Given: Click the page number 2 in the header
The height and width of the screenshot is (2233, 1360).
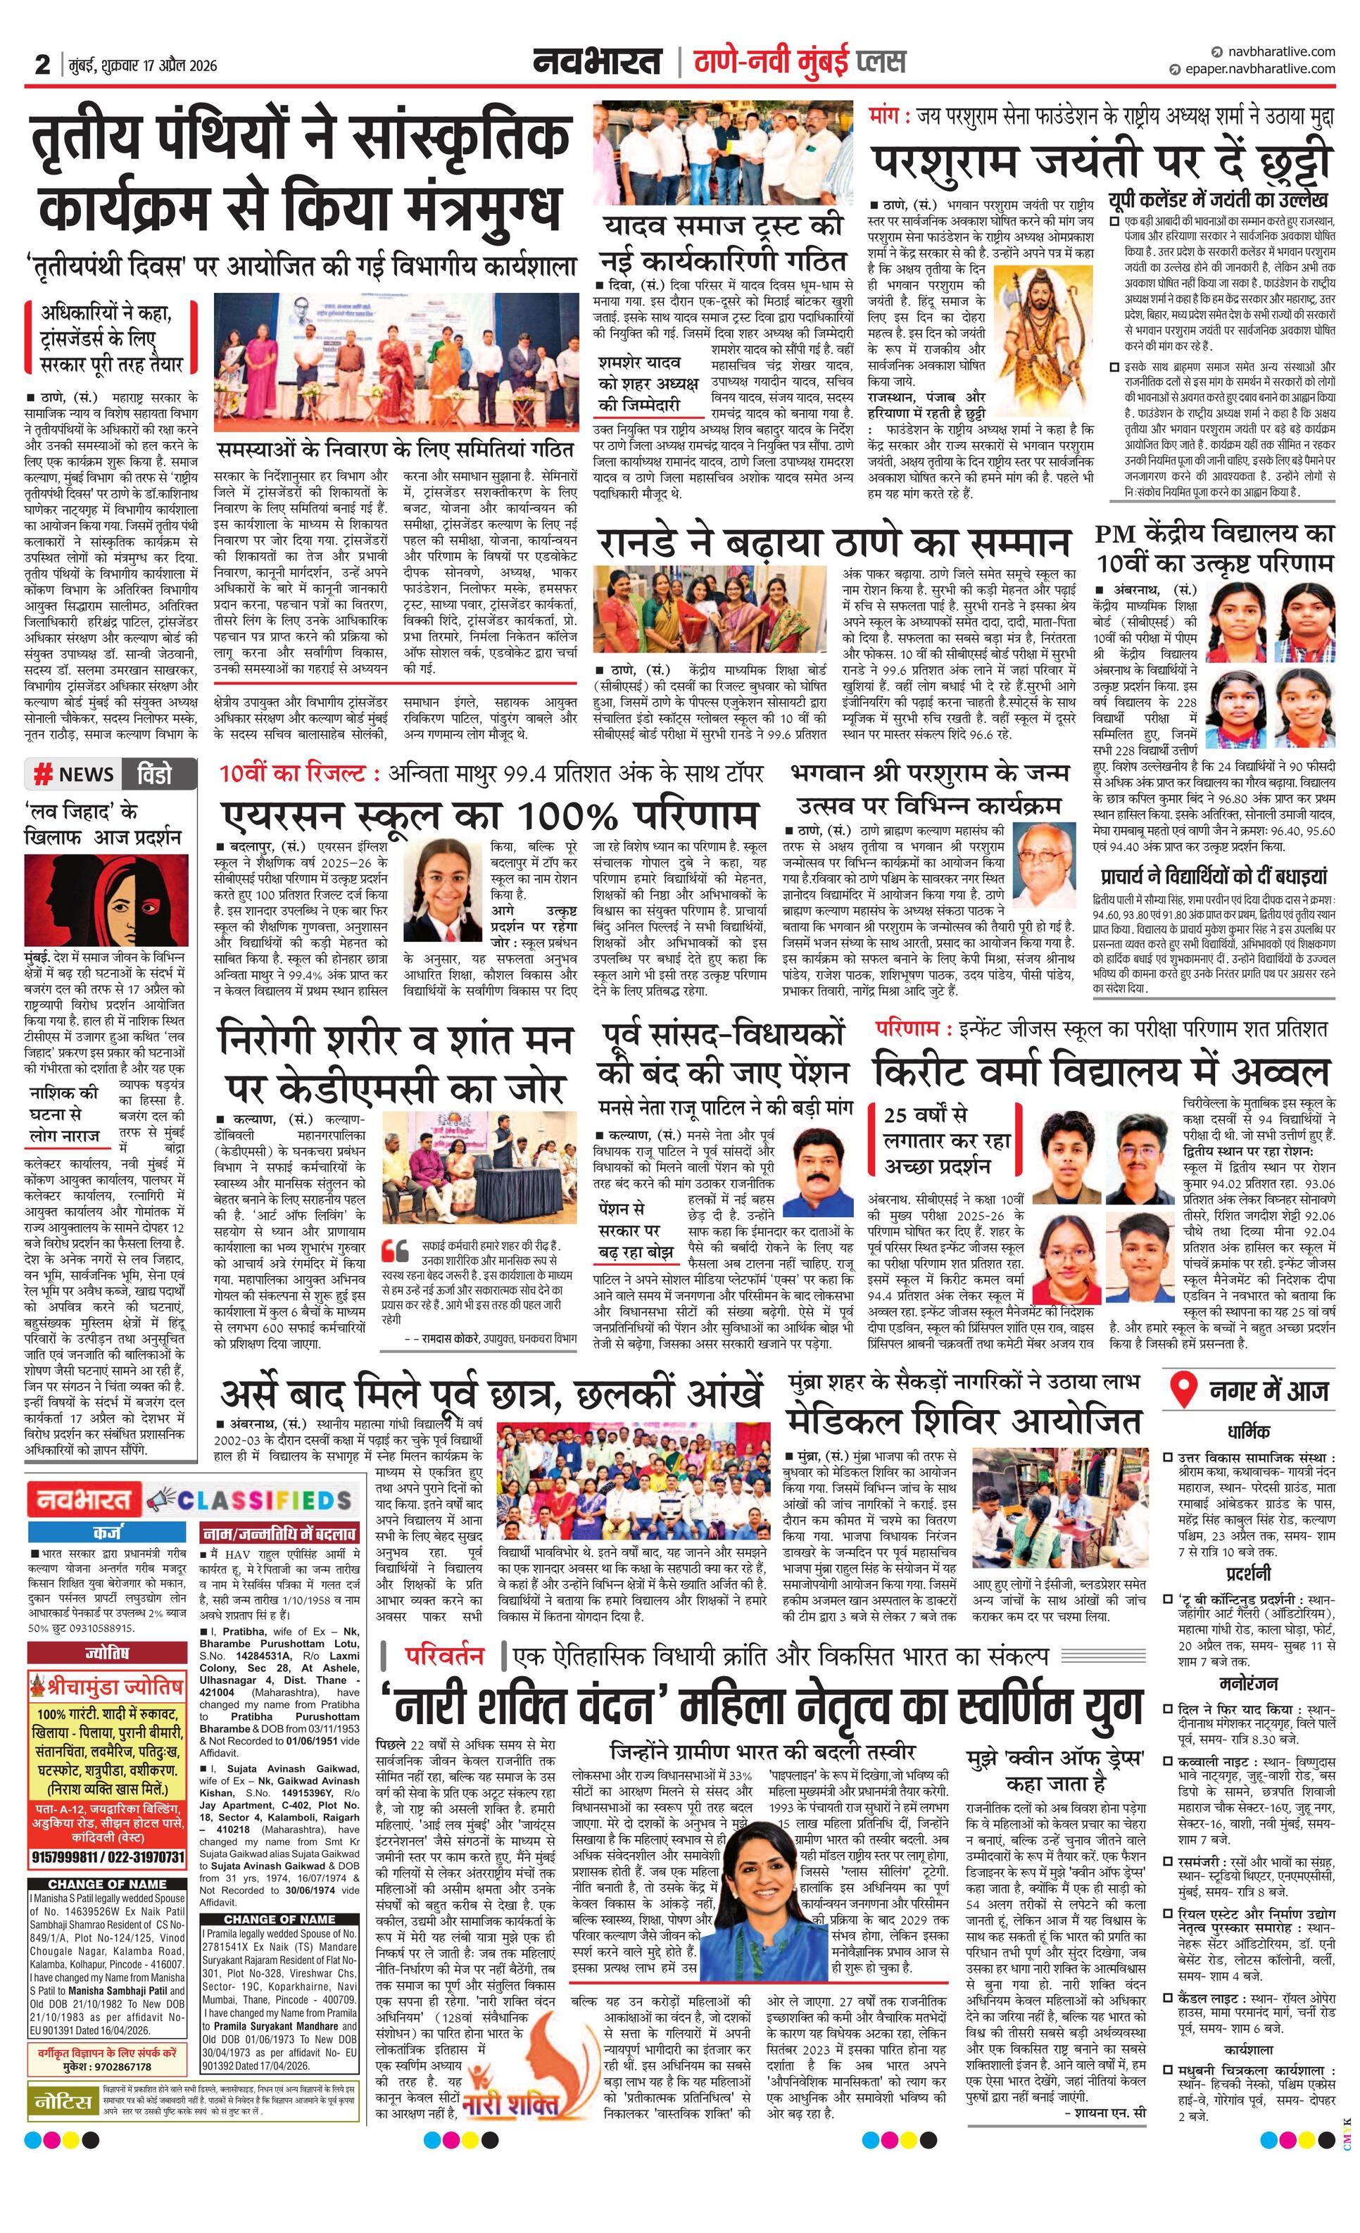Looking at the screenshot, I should [42, 64].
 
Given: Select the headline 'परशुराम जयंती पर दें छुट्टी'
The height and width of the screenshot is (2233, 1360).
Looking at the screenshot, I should [1099, 162].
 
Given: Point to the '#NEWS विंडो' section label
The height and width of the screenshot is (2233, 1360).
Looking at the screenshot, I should [111, 774].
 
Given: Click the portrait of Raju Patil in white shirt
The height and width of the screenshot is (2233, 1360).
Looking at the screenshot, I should [817, 1171].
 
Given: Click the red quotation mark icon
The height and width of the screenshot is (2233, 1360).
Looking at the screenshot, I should [395, 1251].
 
